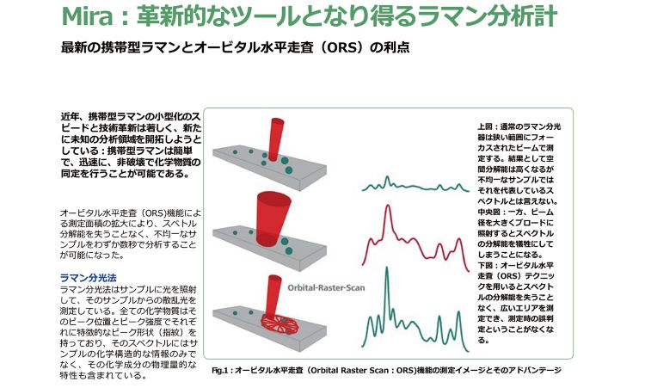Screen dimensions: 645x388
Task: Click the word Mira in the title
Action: pyautogui.click(x=87, y=16)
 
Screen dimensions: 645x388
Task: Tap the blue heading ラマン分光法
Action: pyautogui.click(x=88, y=278)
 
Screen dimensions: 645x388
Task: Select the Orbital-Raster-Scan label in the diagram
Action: pyautogui.click(x=326, y=287)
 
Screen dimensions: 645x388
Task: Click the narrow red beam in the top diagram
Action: pyautogui.click(x=275, y=139)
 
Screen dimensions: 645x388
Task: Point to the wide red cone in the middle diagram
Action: pyautogui.click(x=273, y=218)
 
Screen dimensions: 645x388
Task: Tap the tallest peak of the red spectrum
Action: pyautogui.click(x=387, y=207)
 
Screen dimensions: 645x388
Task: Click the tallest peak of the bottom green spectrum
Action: pyautogui.click(x=387, y=269)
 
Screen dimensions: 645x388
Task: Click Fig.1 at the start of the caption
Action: pyautogui.click(x=219, y=370)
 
